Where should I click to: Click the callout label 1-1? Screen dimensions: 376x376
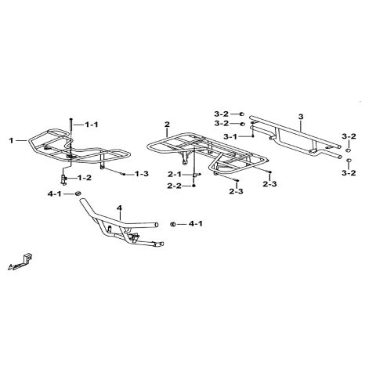[x=91, y=125]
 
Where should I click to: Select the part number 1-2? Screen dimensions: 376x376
[x=85, y=178]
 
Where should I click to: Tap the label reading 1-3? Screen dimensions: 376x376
[x=141, y=173]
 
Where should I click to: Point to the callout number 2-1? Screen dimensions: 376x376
[x=174, y=174]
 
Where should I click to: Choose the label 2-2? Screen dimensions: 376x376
[x=174, y=186]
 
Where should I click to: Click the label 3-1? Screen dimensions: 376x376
[x=230, y=136]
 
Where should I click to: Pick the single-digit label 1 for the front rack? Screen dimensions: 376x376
[x=11, y=140]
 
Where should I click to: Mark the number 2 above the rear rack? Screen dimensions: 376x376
[x=167, y=125]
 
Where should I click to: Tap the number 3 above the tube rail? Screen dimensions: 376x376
[x=301, y=117]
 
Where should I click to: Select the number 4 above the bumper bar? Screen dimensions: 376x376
[x=119, y=208]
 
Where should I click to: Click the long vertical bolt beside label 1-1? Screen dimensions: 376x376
[x=71, y=128]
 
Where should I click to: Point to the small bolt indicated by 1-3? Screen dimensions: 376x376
[x=123, y=174]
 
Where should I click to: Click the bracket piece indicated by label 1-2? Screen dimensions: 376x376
[x=63, y=179]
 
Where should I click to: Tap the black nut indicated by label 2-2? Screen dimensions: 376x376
[x=193, y=186]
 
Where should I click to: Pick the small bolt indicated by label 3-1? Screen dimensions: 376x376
[x=252, y=136]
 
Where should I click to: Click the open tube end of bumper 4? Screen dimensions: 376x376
[x=156, y=225]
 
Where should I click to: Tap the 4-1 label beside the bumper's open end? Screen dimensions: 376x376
[x=196, y=224]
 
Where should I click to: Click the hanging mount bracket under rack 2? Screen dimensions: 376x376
[x=185, y=158]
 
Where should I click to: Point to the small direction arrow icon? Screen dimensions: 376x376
[x=20, y=262]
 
